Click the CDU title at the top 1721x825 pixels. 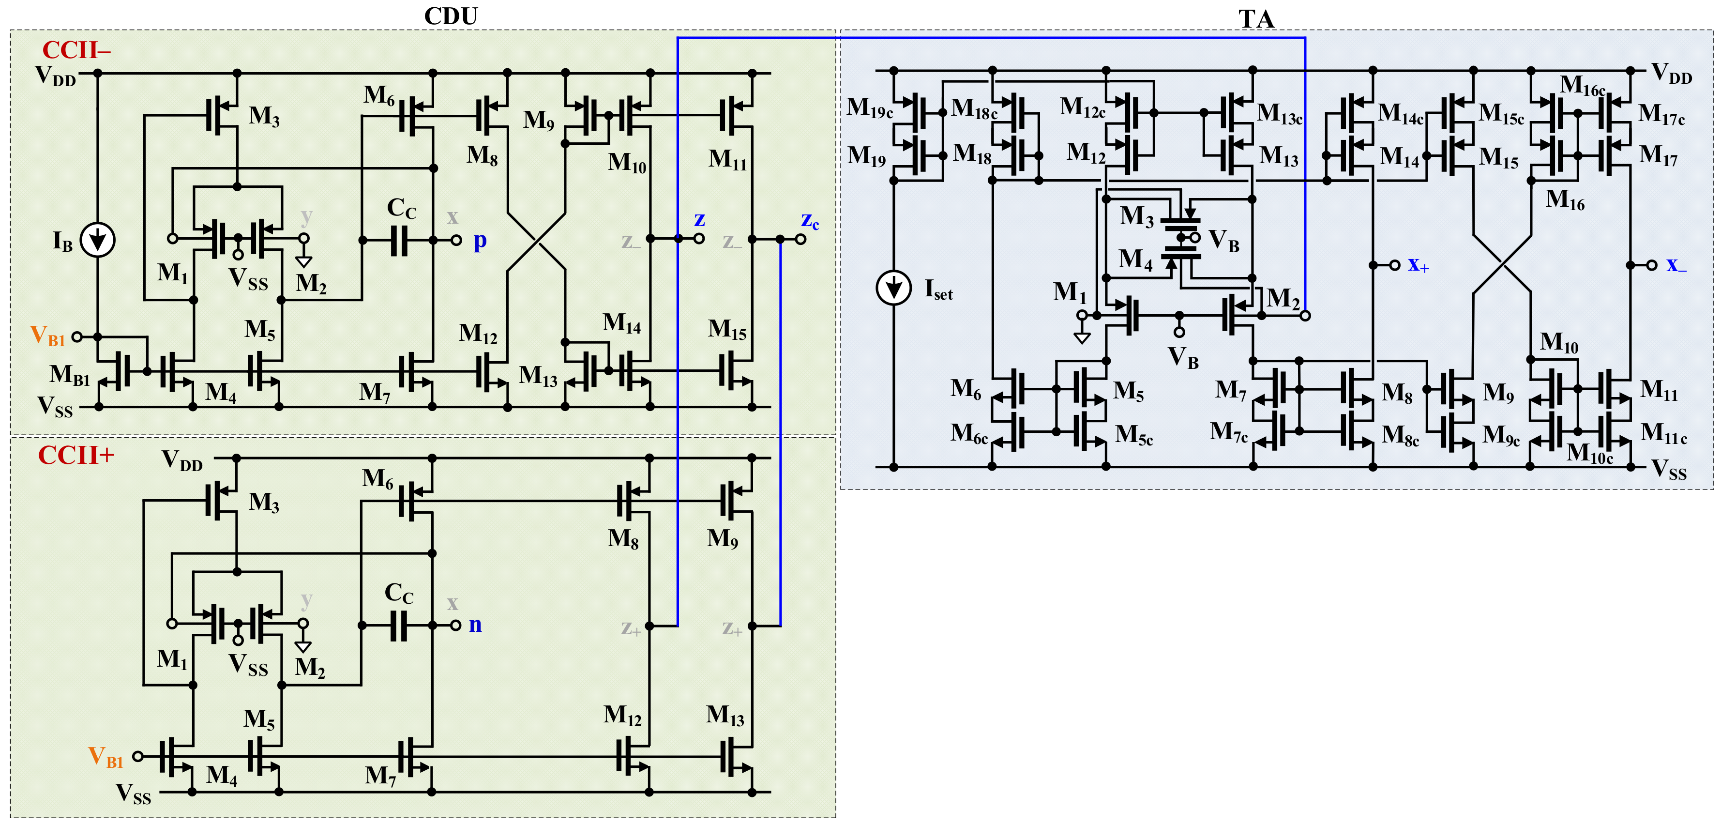[x=451, y=16]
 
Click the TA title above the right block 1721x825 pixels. [x=1256, y=19]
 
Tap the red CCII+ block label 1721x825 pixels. [x=76, y=455]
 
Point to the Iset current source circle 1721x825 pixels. [x=893, y=288]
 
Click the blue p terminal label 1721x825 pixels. [x=480, y=241]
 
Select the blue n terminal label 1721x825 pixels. [x=475, y=625]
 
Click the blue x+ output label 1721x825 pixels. [x=1418, y=265]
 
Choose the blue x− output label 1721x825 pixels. [x=1676, y=265]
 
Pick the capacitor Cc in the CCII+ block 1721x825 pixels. [x=399, y=626]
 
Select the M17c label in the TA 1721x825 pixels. [x=1661, y=114]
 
